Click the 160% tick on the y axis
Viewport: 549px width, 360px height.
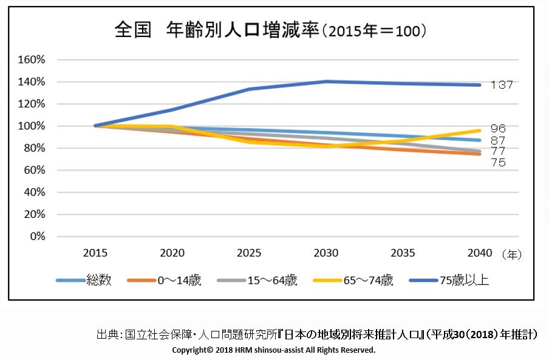32,60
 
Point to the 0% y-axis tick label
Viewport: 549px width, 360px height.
38,237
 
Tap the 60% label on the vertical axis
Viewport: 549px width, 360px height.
35,171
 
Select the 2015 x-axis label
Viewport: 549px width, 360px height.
95,253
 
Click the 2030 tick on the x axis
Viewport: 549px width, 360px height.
326,253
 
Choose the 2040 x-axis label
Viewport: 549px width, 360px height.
480,253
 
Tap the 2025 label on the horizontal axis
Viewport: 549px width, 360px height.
249,253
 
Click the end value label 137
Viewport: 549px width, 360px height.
502,85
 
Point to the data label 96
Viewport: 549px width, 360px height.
498,128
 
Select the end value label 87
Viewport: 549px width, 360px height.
498,141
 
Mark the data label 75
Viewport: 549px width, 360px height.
498,163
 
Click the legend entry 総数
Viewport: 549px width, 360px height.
99,280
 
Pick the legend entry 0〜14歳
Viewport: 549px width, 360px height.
179,280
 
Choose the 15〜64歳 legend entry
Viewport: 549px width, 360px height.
273,280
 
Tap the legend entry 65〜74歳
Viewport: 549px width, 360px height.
368,280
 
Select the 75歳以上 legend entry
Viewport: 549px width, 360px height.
464,280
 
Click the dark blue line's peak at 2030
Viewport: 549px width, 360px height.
326,82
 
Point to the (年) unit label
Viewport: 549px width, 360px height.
512,255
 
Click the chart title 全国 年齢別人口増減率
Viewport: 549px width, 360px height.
217,30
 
